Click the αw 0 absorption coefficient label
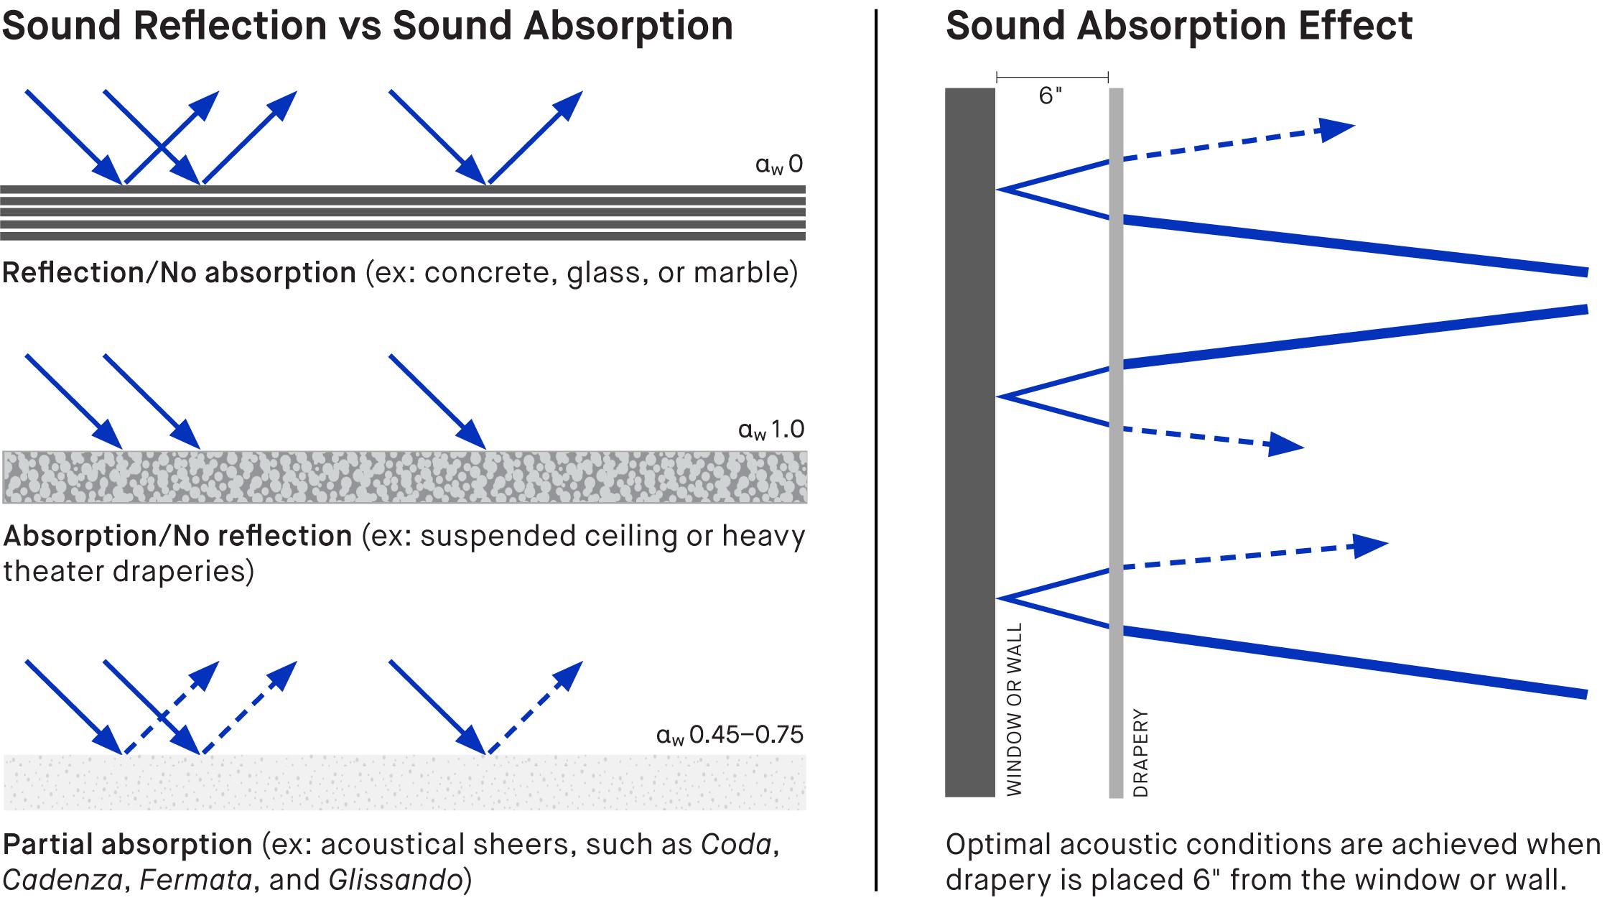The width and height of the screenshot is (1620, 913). point(779,164)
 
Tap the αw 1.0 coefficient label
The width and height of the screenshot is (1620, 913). point(771,430)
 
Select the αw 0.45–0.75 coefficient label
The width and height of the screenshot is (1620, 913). point(730,735)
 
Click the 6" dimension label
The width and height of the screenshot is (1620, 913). point(1050,96)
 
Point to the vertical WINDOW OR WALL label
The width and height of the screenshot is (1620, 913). point(1014,709)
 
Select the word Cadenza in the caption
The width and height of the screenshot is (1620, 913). point(62,880)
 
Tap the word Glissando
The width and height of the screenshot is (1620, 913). point(395,880)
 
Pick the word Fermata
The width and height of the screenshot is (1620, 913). point(195,880)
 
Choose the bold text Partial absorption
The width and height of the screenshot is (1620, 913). point(128,845)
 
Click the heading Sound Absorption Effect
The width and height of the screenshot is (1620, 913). point(1178,26)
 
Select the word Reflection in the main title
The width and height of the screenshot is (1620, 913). point(230,26)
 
